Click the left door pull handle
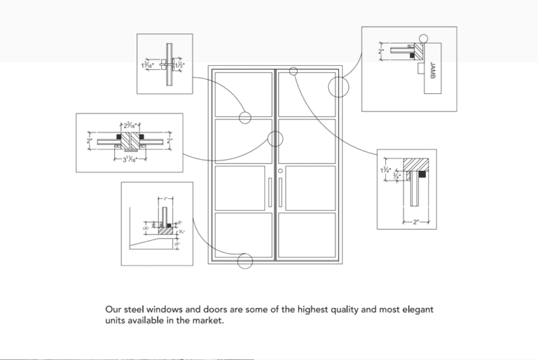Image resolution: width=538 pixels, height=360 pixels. [x=270, y=193]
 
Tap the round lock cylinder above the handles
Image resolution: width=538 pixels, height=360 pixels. [x=280, y=172]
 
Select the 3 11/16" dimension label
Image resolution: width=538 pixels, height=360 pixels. [x=126, y=159]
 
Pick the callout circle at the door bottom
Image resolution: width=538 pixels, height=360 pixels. [x=244, y=261]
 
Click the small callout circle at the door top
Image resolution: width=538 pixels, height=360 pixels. [x=293, y=71]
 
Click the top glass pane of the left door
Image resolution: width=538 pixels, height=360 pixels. [x=243, y=94]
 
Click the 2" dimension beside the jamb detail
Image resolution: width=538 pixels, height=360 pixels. [x=381, y=51]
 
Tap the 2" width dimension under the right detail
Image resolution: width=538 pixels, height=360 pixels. [x=415, y=222]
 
